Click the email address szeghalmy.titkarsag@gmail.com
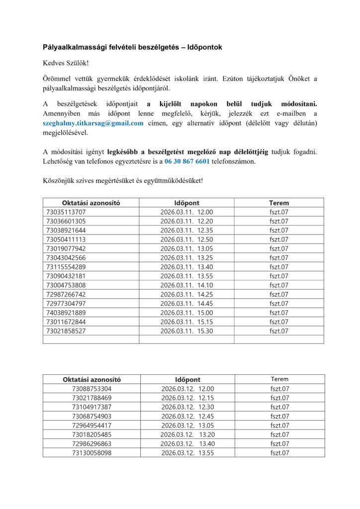coord(93,123)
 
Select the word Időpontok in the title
coord(201,47)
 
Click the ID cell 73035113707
coord(66,212)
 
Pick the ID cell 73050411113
coord(66,239)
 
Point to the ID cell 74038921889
coord(66,312)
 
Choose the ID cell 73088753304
coord(92,389)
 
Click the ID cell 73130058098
coord(92,453)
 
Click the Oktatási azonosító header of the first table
coord(91,203)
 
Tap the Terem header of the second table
coord(279,379)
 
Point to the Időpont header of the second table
coord(187,380)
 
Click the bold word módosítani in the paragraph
coord(298,104)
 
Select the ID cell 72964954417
coord(92,425)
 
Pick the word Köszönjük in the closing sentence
coord(59,181)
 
